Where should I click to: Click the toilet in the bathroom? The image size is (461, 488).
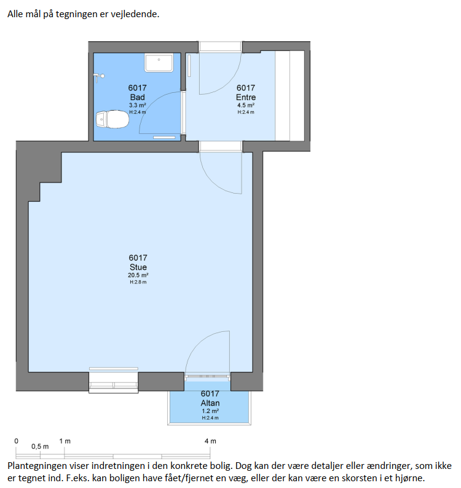[112, 119]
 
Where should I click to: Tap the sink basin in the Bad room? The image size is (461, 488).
[159, 62]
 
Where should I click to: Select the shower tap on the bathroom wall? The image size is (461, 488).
[100, 77]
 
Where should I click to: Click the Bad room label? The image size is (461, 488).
[137, 97]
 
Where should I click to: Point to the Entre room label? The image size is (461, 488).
[246, 97]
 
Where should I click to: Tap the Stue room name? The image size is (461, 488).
[138, 267]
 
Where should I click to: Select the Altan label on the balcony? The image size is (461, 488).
[210, 403]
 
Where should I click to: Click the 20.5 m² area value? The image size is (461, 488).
[138, 275]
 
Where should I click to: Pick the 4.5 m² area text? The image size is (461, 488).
[246, 105]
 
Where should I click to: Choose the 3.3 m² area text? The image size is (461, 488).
[138, 105]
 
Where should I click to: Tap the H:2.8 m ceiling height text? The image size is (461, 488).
[138, 282]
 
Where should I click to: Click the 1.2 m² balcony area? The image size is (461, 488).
[210, 411]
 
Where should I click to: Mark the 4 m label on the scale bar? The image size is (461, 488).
[210, 441]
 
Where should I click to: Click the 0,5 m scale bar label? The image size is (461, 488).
[40, 447]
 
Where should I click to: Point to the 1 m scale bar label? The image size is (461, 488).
[65, 441]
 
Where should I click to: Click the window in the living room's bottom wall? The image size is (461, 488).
[114, 380]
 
